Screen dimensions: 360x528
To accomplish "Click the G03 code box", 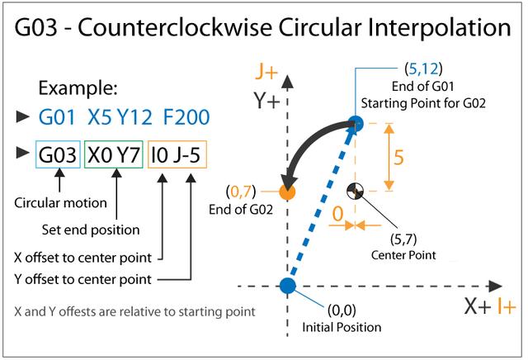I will tap(58, 154).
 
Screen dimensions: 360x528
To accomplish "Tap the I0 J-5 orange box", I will tap(177, 154).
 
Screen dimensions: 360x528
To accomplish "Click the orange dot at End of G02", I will tap(287, 192).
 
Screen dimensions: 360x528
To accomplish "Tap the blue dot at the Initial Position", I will tap(287, 286).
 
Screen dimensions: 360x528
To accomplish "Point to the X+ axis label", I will tap(476, 307).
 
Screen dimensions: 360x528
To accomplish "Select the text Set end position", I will tap(89, 229).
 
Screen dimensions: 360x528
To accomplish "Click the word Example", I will tap(78, 88).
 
